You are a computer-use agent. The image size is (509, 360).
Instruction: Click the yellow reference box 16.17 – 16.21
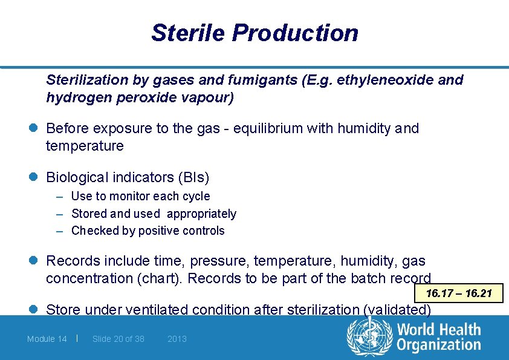coord(458,294)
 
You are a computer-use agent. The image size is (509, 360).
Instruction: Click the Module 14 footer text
coord(47,339)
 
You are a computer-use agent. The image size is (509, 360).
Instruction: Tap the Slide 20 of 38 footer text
coord(118,339)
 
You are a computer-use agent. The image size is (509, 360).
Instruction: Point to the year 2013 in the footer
coord(177,339)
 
